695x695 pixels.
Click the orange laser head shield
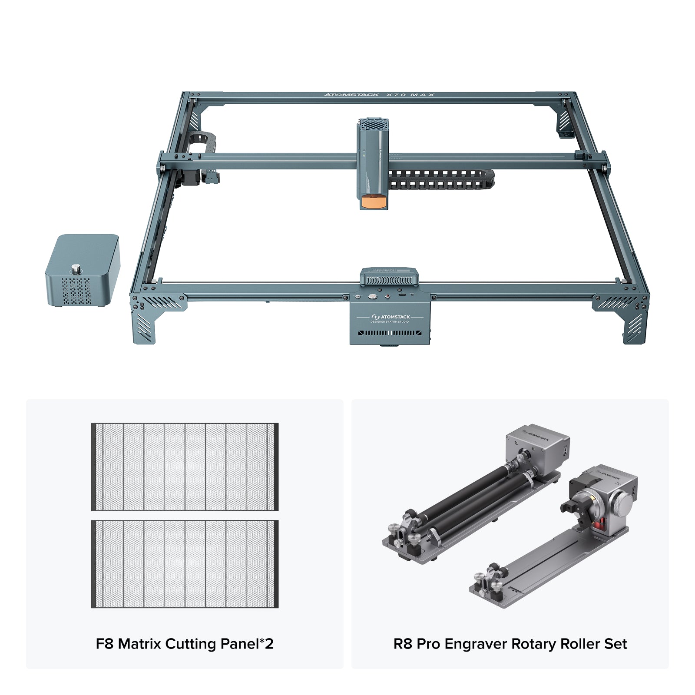coord(373,202)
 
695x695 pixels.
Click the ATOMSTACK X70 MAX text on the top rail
coord(379,95)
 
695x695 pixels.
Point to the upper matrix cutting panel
coord(185,467)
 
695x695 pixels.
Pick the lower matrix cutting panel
coord(185,564)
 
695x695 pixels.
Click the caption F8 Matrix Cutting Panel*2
coord(185,643)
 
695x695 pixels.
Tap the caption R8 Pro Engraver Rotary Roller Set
coord(510,643)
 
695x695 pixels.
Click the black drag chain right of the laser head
coord(441,179)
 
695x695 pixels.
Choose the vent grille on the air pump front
coord(76,291)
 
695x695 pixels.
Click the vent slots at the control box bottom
coord(390,333)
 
